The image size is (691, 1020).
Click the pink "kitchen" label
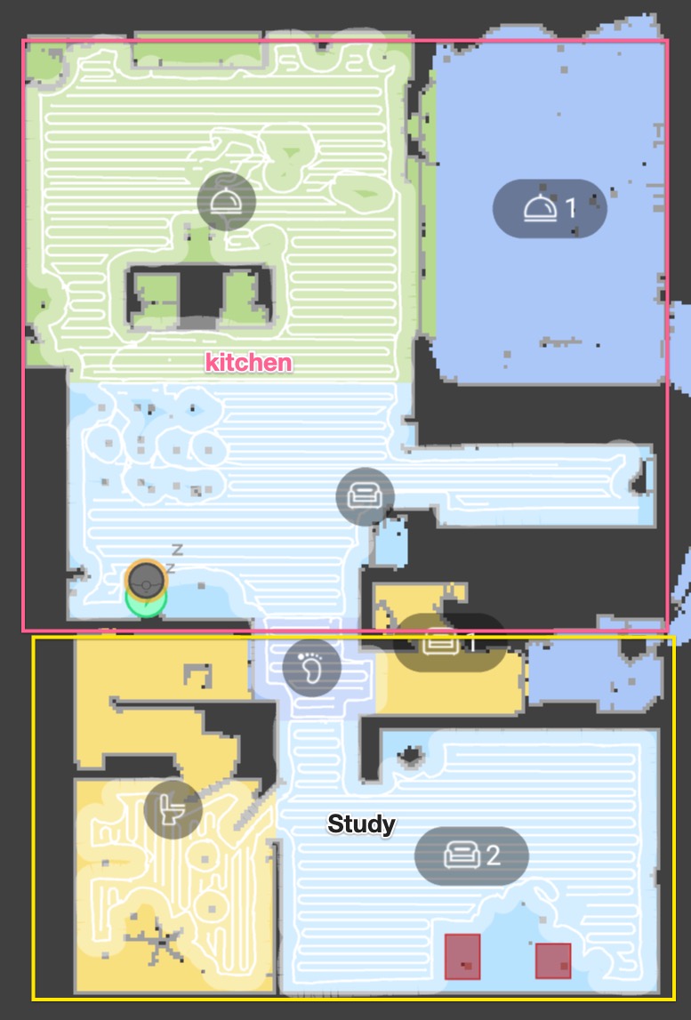(x=248, y=362)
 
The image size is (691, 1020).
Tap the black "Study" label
(x=361, y=824)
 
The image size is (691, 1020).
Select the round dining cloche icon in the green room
(x=226, y=201)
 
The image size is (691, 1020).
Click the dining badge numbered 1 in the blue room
(x=550, y=208)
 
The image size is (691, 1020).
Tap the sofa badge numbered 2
(x=471, y=855)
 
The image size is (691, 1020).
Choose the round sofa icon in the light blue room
(x=365, y=495)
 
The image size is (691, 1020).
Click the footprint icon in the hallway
(x=311, y=666)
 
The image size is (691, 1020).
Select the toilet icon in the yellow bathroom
(x=173, y=809)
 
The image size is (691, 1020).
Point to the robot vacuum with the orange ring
(x=145, y=578)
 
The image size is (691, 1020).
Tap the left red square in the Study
(x=462, y=956)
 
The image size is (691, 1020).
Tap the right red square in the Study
(x=552, y=960)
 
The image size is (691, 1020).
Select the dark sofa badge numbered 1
(x=448, y=642)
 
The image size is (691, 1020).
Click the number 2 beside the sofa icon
(x=492, y=855)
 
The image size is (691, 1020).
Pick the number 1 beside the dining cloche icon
(x=571, y=208)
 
